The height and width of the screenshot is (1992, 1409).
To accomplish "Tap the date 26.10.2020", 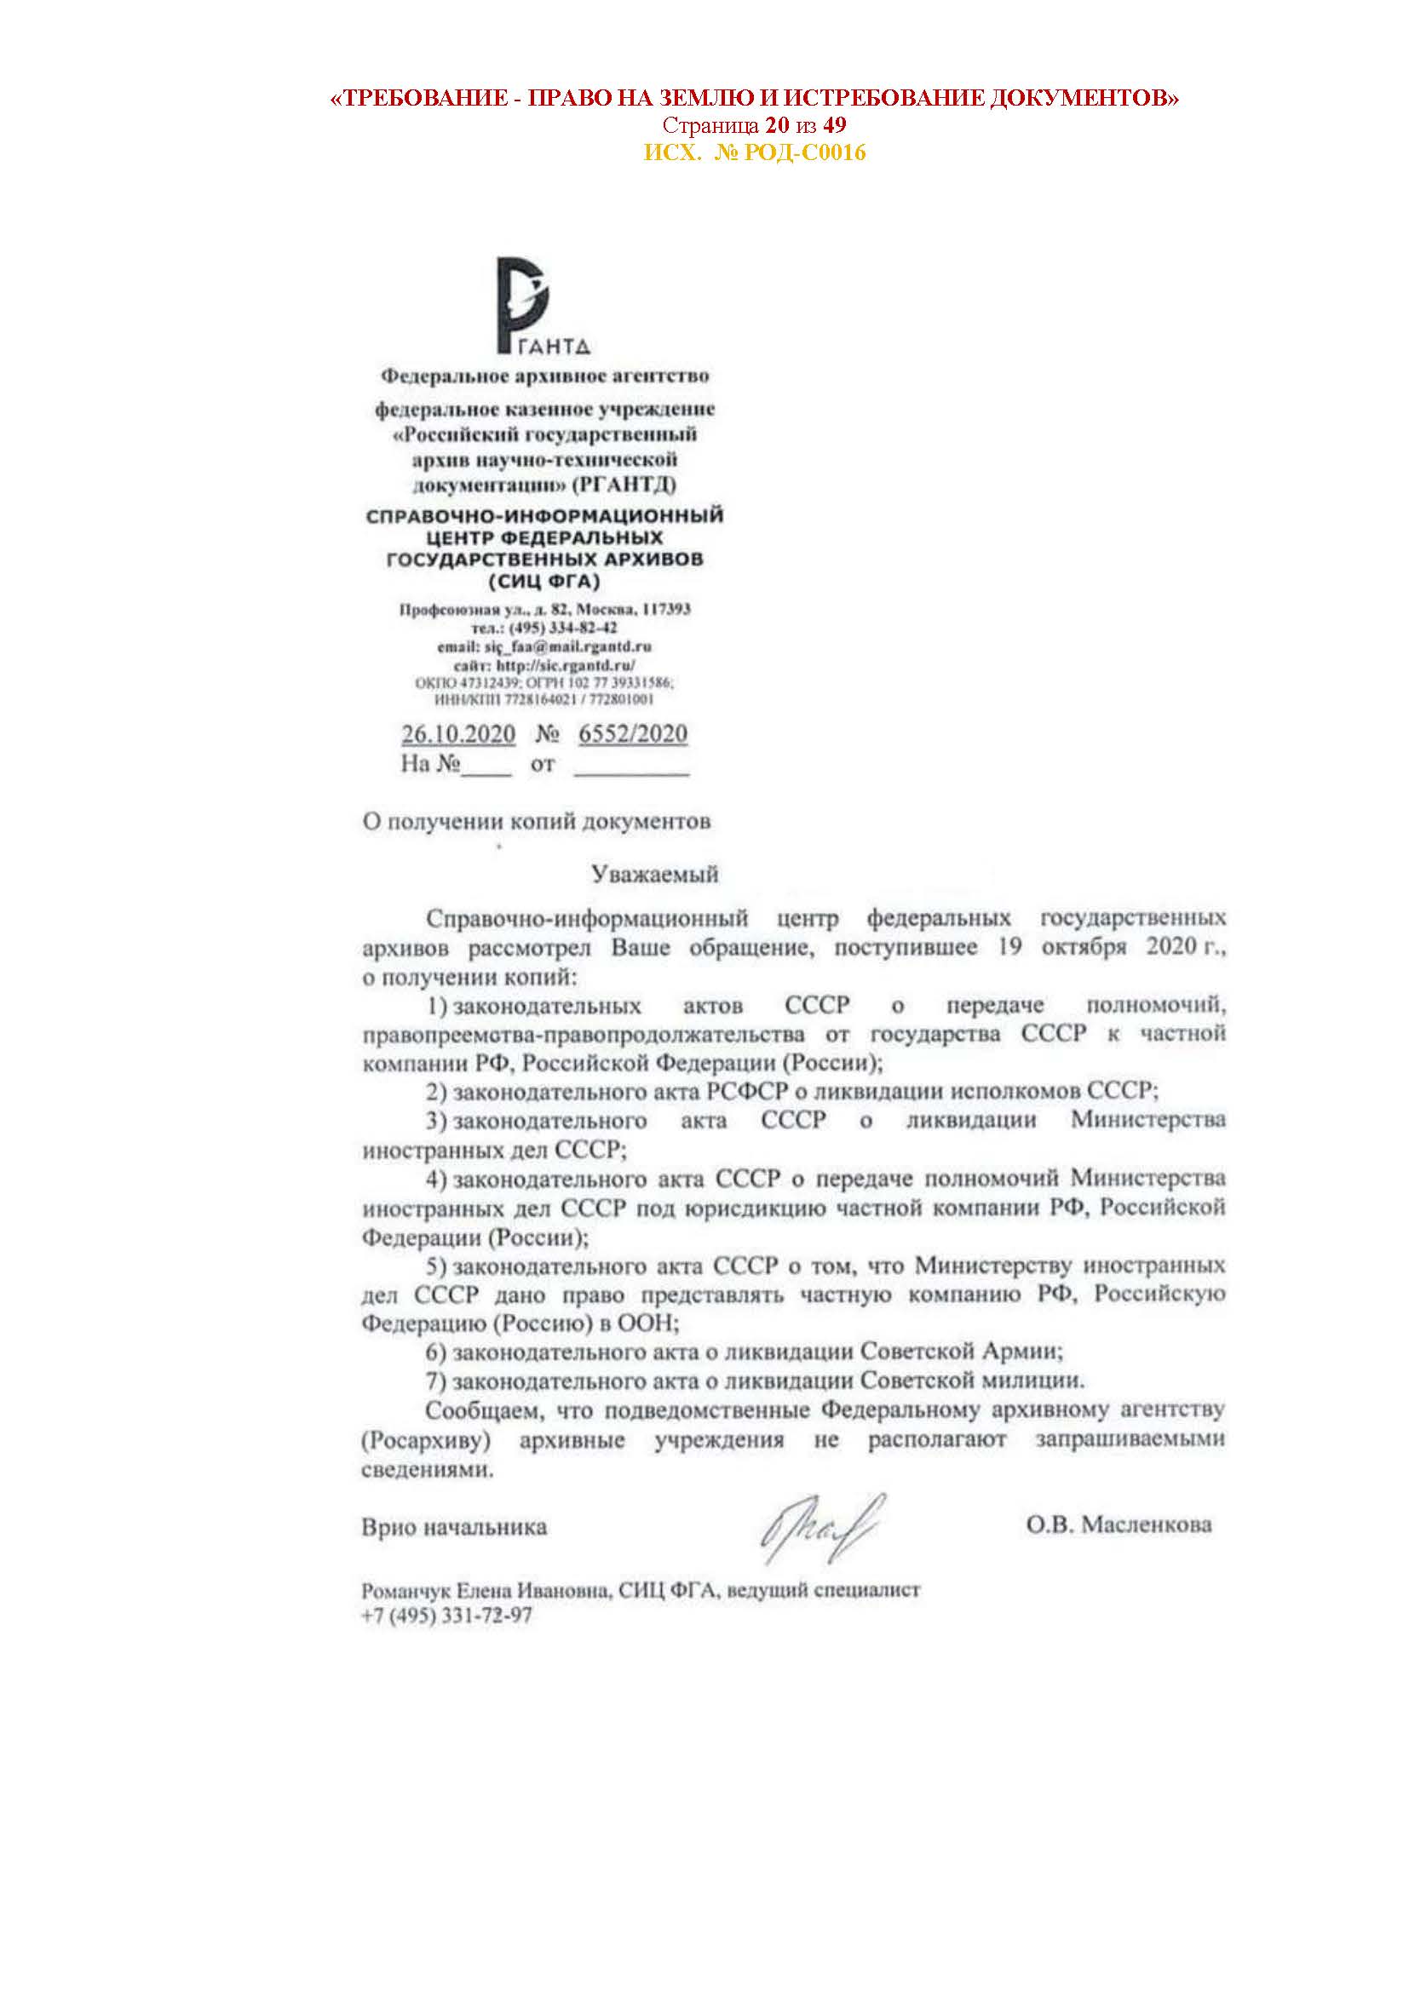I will [458, 734].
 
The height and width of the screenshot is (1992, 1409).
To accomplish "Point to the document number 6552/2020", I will [632, 734].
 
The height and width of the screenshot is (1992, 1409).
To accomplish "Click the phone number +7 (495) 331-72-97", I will [447, 1616].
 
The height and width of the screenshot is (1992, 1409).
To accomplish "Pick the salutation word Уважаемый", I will [655, 875].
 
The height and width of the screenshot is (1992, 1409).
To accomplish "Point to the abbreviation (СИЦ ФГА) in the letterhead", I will [544, 582].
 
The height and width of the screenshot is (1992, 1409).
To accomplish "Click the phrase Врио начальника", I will [454, 1527].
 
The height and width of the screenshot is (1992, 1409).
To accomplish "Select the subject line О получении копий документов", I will [536, 822].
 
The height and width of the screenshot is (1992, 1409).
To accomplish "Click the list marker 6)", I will [435, 1352].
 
